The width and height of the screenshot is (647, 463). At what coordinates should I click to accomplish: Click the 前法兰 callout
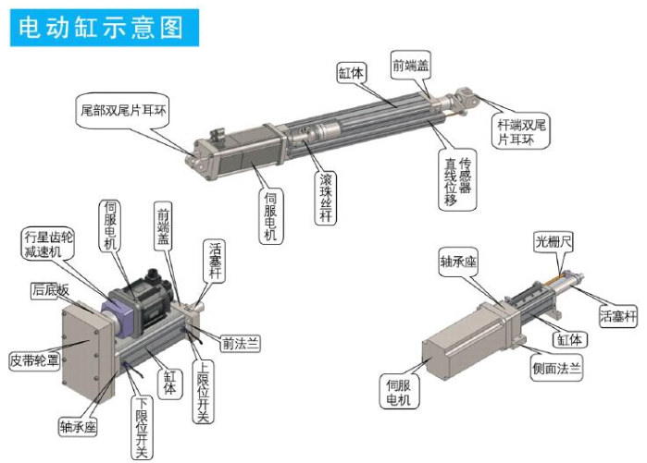pyautogui.click(x=240, y=344)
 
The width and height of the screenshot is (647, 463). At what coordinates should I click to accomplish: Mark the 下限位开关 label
pyautogui.click(x=142, y=426)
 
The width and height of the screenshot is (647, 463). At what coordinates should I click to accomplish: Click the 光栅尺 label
pyautogui.click(x=554, y=243)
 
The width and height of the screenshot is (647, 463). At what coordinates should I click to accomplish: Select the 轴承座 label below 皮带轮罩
pyautogui.click(x=79, y=426)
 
